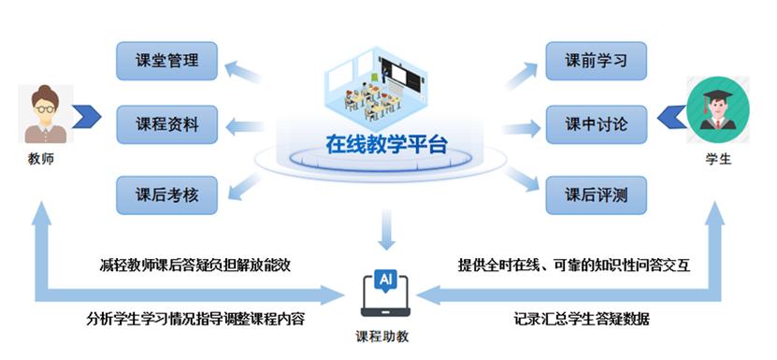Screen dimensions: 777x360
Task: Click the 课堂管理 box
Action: point(168,62)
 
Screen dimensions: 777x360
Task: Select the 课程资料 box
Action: point(168,123)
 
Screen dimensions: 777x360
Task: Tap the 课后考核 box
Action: point(168,194)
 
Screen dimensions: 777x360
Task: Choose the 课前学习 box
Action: point(596,62)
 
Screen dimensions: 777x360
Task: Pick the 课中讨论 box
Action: point(596,123)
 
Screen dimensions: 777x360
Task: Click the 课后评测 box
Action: point(596,194)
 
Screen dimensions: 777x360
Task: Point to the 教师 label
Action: point(41,159)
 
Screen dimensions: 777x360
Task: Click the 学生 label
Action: point(718,159)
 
